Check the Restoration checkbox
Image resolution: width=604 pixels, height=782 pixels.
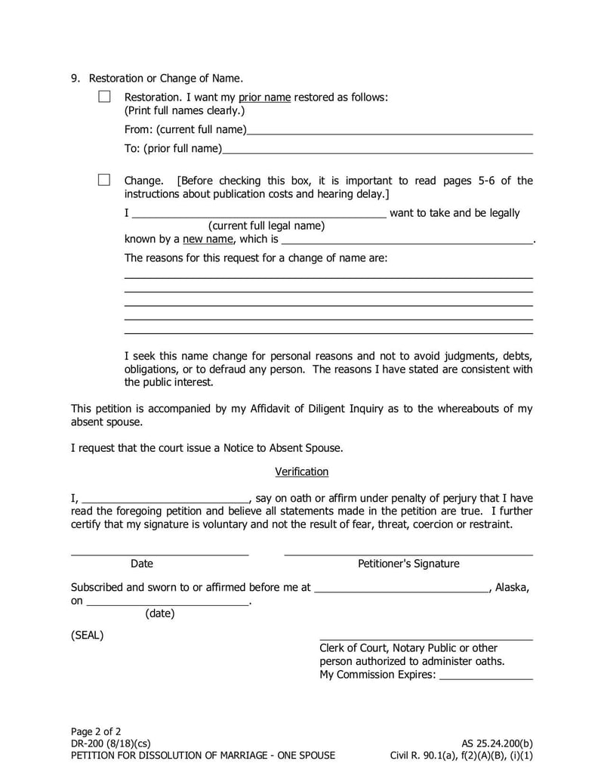[x=104, y=97]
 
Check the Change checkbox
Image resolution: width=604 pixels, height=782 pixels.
[x=104, y=180]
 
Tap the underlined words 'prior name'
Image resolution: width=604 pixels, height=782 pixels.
[x=264, y=97]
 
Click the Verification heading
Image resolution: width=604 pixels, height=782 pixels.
[x=301, y=471]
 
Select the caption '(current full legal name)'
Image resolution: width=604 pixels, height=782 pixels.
[x=267, y=226]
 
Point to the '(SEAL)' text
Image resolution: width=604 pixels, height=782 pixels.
[x=88, y=635]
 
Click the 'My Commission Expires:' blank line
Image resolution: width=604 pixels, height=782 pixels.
[x=485, y=675]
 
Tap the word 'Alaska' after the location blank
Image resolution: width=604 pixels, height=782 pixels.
[x=511, y=587]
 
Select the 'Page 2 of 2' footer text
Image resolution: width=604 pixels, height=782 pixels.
[x=96, y=731]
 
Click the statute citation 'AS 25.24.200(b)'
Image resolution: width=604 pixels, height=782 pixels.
[x=497, y=743]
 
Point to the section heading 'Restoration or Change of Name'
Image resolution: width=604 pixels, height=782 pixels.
[x=166, y=79]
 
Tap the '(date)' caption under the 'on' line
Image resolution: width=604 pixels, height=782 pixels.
[x=159, y=614]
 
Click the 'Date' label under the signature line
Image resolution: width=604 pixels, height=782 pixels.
[x=142, y=564]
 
